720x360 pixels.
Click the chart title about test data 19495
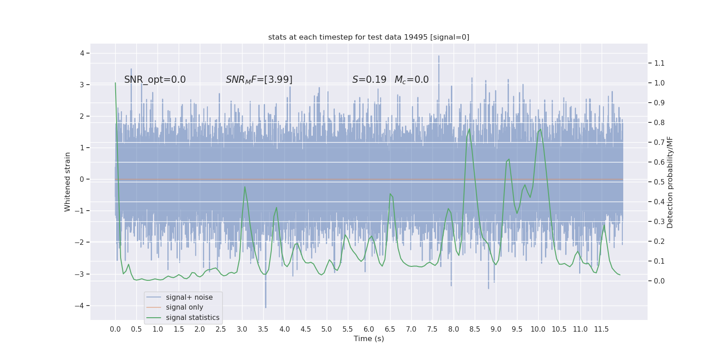(369, 37)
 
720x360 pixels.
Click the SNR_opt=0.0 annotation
(155, 80)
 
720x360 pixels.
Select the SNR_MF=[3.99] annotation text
(259, 80)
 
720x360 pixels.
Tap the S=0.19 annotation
(369, 80)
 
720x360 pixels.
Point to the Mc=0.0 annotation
(411, 80)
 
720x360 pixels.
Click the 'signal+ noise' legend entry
(189, 297)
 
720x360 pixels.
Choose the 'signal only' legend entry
(184, 307)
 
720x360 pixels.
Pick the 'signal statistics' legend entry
(193, 318)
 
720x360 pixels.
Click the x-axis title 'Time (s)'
(369, 339)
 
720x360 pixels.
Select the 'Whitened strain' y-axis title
(67, 182)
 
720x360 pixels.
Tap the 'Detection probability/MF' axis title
(670, 182)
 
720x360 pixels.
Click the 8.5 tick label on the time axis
(475, 329)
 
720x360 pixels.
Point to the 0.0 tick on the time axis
(115, 329)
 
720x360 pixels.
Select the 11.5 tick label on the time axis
(601, 329)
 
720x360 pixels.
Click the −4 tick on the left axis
(81, 306)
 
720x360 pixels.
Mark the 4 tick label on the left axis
(82, 53)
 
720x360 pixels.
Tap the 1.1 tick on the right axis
(659, 63)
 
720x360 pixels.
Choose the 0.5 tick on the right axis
(659, 182)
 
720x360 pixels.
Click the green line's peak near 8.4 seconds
(469, 129)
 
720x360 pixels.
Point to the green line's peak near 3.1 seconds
(244, 187)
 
